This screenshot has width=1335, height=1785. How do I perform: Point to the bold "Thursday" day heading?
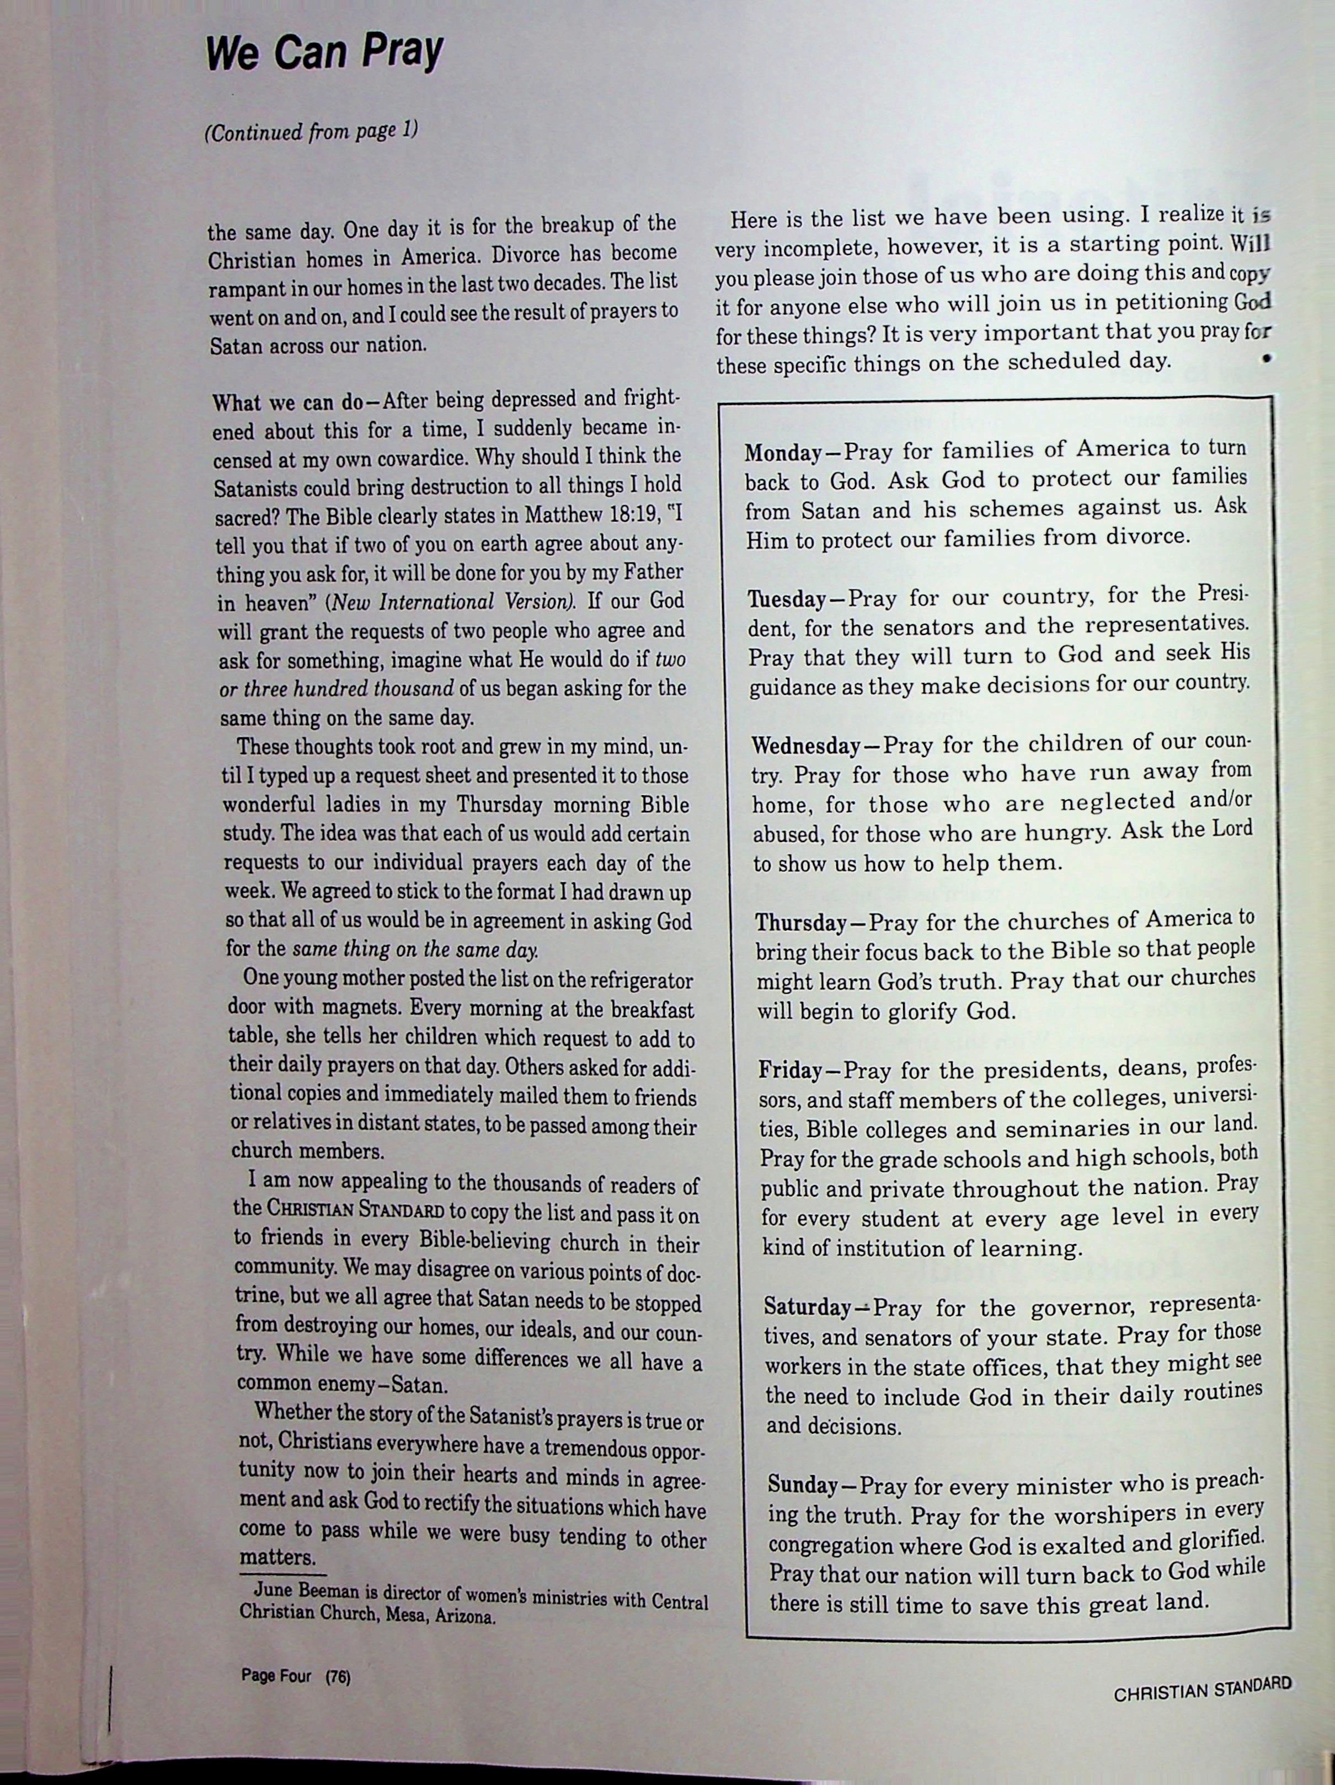[x=799, y=923]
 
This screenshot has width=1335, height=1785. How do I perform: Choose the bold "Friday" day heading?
[x=790, y=1071]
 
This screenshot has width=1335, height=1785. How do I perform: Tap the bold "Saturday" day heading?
[x=807, y=1308]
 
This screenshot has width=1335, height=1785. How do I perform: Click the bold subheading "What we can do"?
[x=286, y=402]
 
